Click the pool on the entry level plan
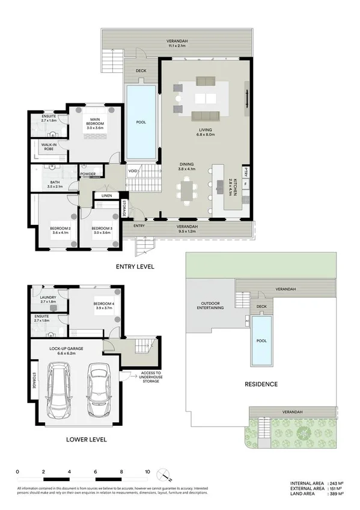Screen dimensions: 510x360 click(x=141, y=123)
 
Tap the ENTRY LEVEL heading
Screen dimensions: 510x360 click(x=135, y=266)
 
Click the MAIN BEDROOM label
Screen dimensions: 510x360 click(x=94, y=123)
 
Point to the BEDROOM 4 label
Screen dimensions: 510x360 click(x=103, y=307)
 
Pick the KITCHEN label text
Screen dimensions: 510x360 click(x=235, y=188)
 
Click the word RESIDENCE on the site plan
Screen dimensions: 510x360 click(x=260, y=384)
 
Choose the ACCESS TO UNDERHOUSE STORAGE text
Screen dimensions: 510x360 click(x=150, y=376)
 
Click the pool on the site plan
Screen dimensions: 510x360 click(x=261, y=342)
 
